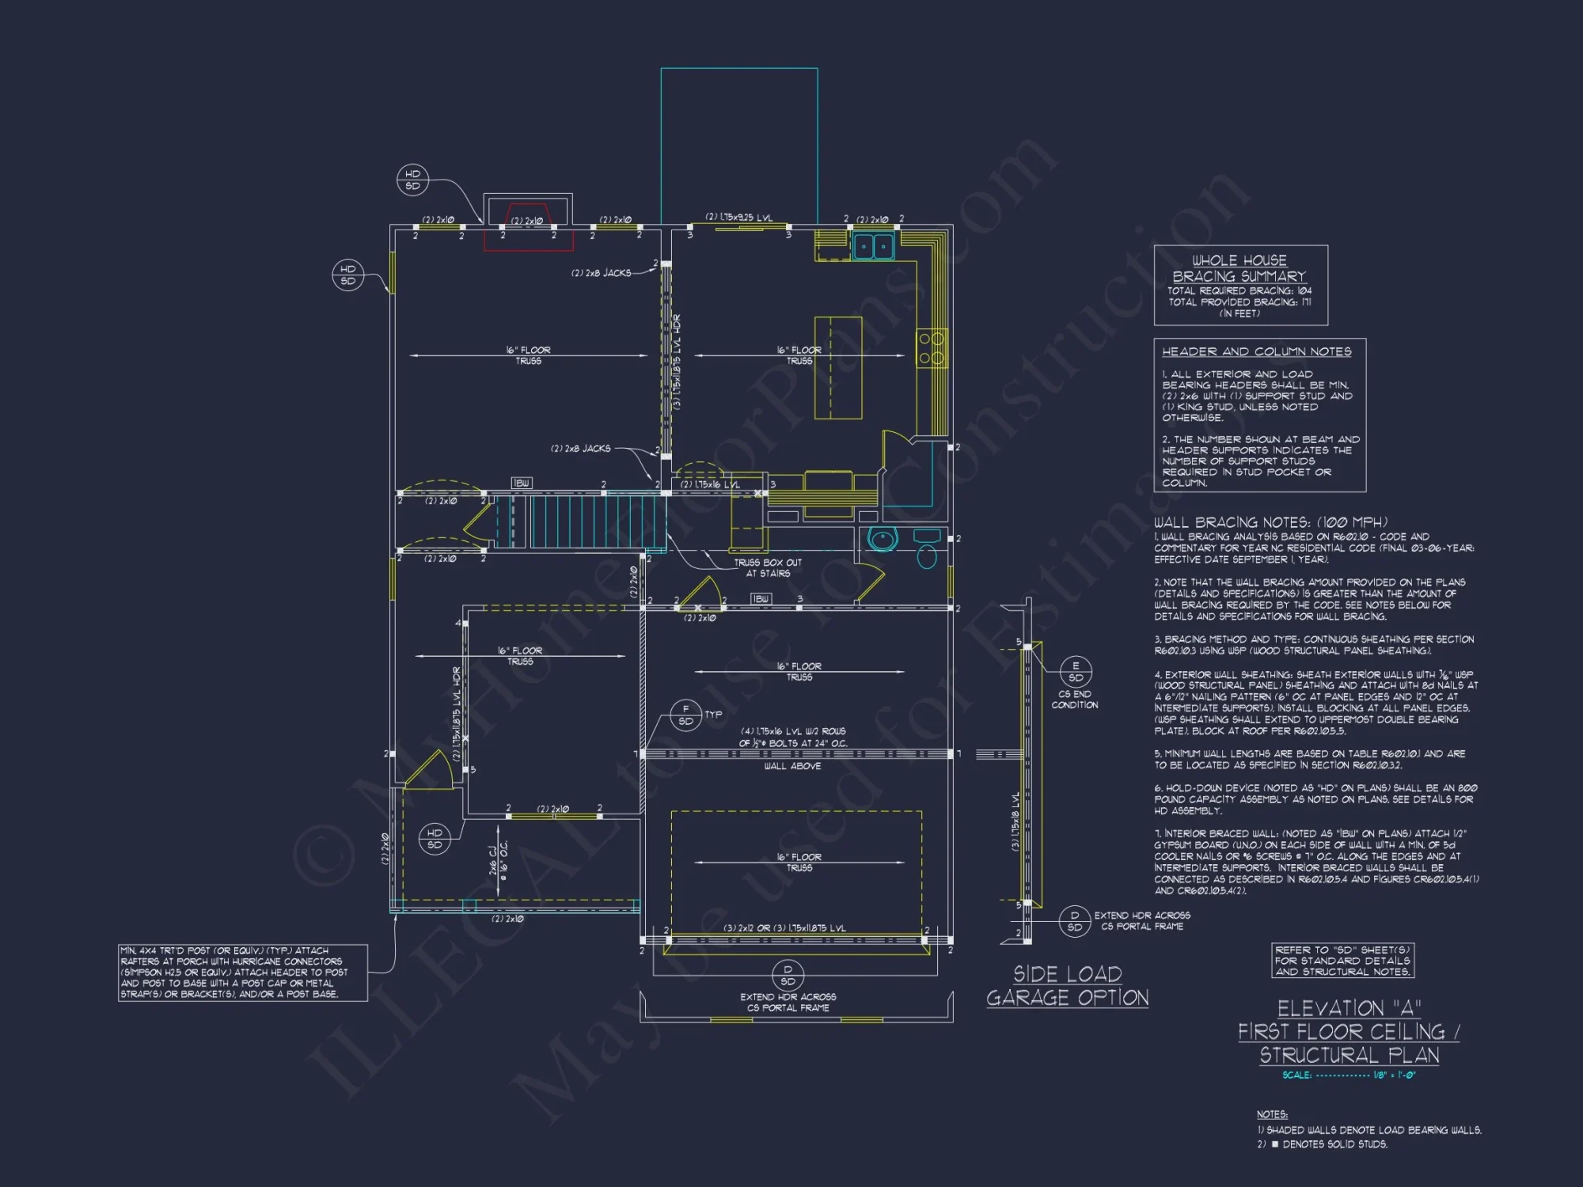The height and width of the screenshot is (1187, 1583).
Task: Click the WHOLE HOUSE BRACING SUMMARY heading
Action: pyautogui.click(x=1239, y=268)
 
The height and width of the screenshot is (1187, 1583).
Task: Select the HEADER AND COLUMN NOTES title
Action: pyautogui.click(x=1256, y=351)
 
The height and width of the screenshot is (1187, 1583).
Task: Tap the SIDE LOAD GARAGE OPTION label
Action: pyautogui.click(x=1067, y=986)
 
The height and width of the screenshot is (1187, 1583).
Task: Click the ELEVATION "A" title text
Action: pyautogui.click(x=1349, y=1008)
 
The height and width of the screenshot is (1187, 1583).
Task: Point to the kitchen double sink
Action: pyautogui.click(x=874, y=246)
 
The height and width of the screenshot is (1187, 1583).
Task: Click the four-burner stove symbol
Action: pyautogui.click(x=932, y=348)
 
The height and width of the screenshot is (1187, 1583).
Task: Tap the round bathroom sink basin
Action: pyautogui.click(x=881, y=540)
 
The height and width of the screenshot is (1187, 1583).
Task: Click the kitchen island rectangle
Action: pyautogui.click(x=838, y=367)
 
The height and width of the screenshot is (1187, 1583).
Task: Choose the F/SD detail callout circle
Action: pyautogui.click(x=685, y=715)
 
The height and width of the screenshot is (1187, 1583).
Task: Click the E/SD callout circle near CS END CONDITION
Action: pyautogui.click(x=1076, y=671)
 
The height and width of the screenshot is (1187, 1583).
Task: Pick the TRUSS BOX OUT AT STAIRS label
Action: pyautogui.click(x=767, y=567)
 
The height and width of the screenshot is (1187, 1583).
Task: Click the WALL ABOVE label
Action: pyautogui.click(x=792, y=766)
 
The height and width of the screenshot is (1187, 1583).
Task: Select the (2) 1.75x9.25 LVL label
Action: pyautogui.click(x=738, y=217)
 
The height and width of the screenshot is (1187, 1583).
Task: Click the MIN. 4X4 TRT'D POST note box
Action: pyautogui.click(x=243, y=972)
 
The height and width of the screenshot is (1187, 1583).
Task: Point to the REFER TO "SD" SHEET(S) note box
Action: pyautogui.click(x=1342, y=960)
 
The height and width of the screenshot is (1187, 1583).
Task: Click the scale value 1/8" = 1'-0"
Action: pyautogui.click(x=1394, y=1075)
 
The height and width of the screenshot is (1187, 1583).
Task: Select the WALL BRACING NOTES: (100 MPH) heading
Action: pyautogui.click(x=1270, y=522)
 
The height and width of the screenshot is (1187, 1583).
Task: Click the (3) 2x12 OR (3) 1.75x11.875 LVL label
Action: pyautogui.click(x=784, y=928)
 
